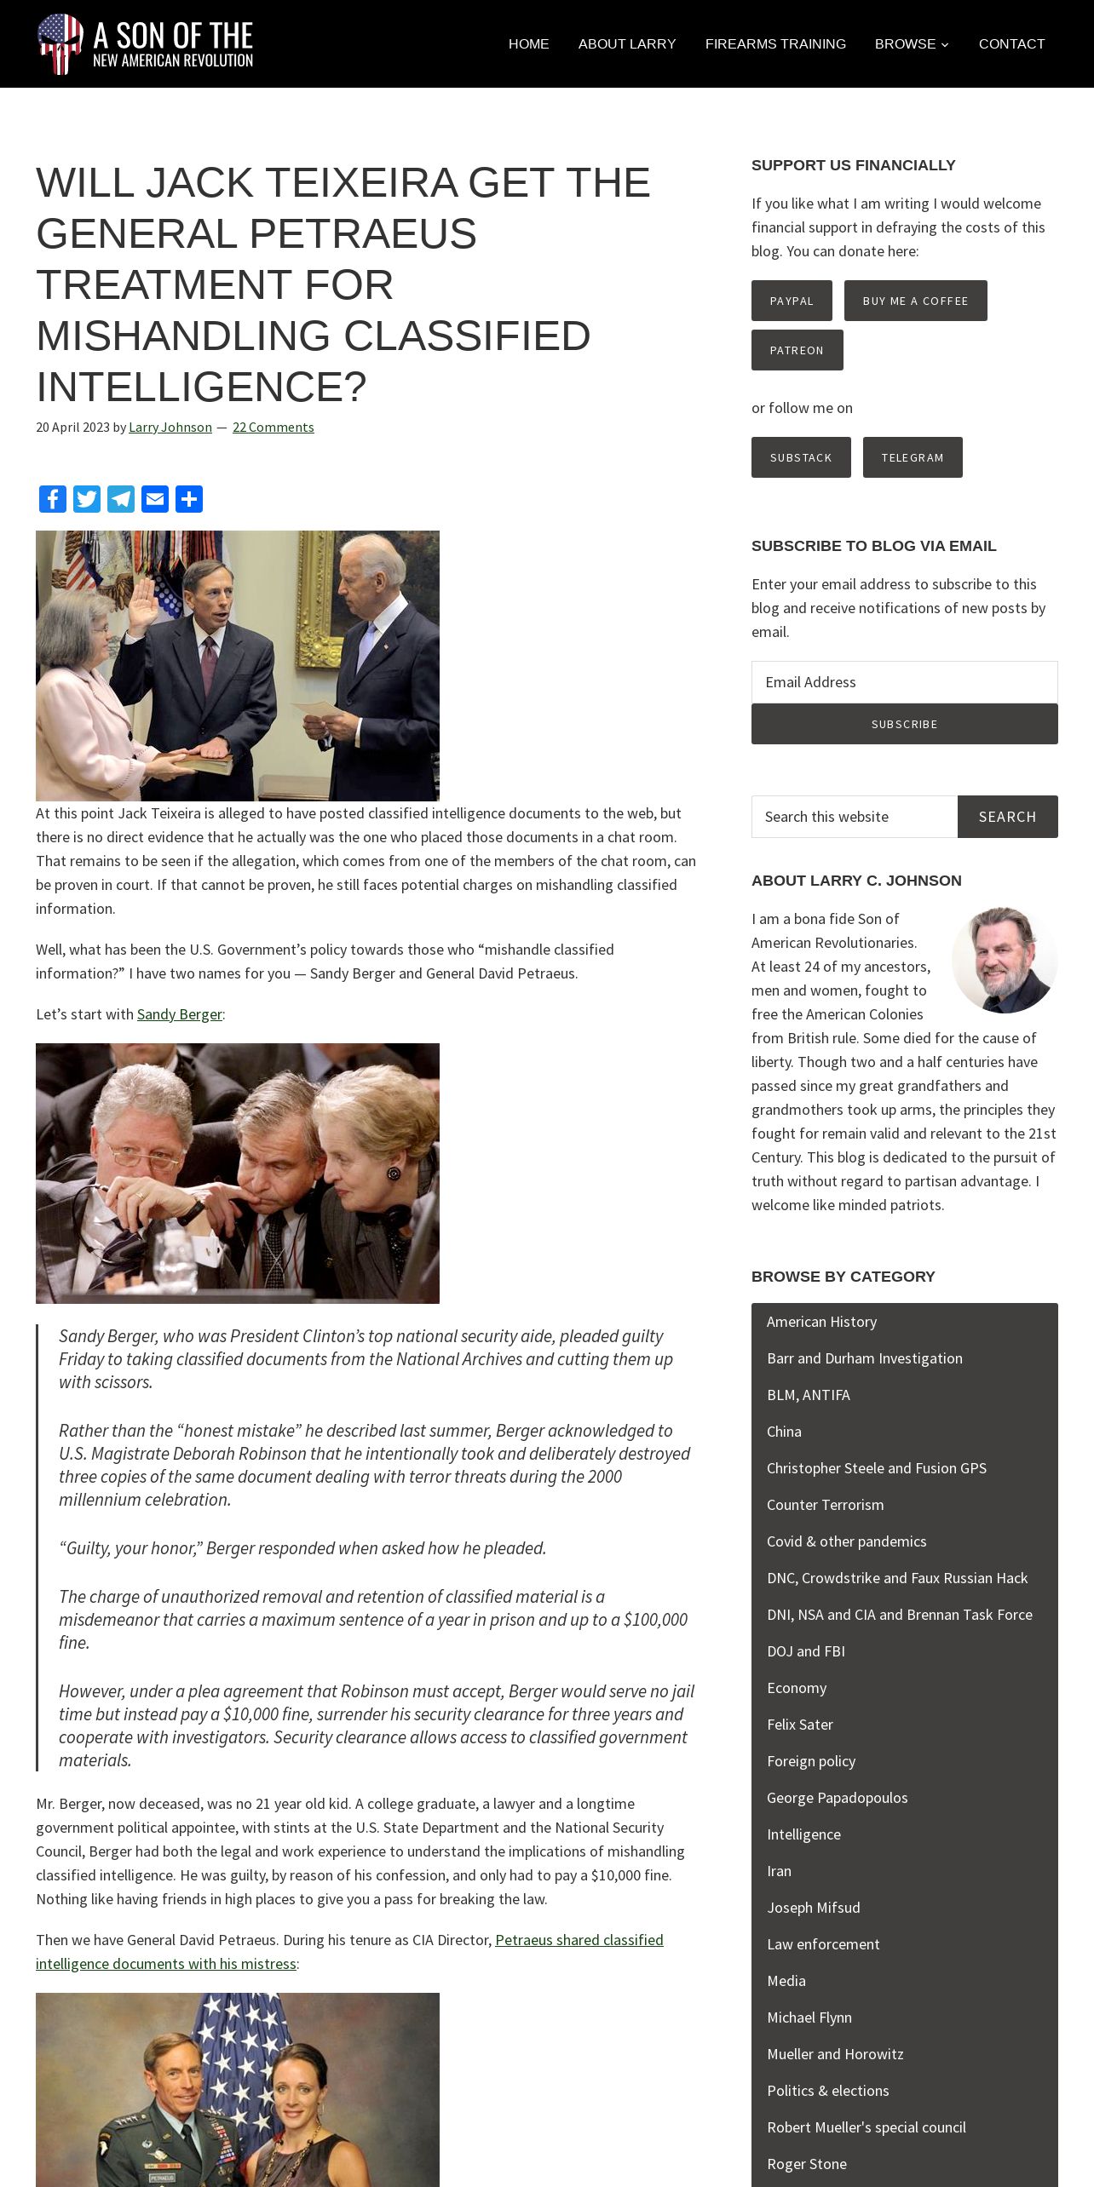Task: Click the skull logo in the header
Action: (60, 43)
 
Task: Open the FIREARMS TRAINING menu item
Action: (775, 43)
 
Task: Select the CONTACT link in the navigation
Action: (1011, 43)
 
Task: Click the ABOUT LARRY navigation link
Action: (627, 43)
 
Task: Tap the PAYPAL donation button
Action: (792, 301)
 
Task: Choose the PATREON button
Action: (797, 350)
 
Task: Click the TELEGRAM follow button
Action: (913, 457)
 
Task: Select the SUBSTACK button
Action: (801, 457)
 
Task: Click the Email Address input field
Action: (904, 682)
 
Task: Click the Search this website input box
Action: (855, 817)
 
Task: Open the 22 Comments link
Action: (273, 427)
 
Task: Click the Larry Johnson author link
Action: (170, 427)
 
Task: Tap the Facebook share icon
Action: (53, 499)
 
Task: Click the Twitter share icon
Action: (87, 499)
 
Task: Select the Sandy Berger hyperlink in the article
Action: (179, 1014)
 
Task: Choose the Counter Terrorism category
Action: (825, 1505)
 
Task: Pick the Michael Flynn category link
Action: (809, 2018)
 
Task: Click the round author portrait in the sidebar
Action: (1004, 960)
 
